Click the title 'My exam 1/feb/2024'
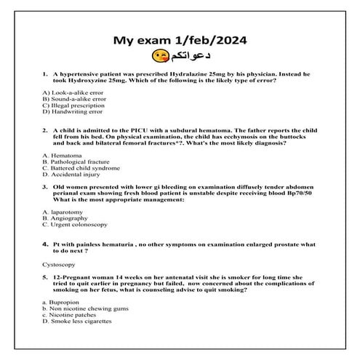point(180,40)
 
